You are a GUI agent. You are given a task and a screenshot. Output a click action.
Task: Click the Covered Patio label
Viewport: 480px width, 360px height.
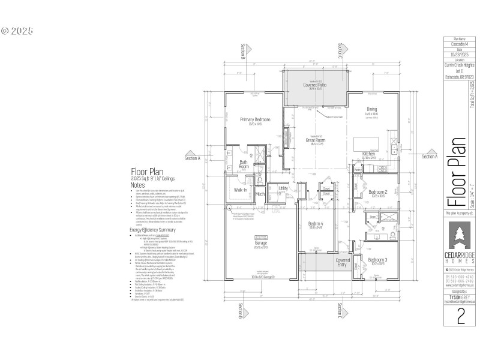pyautogui.click(x=314, y=86)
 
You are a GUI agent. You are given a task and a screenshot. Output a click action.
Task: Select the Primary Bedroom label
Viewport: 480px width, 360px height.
pyautogui.click(x=255, y=120)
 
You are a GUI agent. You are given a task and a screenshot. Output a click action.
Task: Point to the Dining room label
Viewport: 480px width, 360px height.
pyautogui.click(x=371, y=109)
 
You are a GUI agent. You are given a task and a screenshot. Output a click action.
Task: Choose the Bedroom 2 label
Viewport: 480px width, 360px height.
pyautogui.click(x=378, y=192)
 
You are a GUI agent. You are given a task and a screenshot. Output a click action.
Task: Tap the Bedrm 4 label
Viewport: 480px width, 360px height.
pyautogui.click(x=316, y=224)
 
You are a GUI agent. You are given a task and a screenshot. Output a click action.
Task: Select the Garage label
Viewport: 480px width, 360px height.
pyautogui.click(x=260, y=242)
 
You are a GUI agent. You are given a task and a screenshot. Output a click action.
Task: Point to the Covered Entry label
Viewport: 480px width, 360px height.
pyautogui.click(x=343, y=263)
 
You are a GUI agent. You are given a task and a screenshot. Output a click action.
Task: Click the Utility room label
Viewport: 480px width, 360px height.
pyautogui.click(x=283, y=188)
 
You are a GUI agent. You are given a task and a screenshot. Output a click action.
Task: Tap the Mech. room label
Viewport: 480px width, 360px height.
pyautogui.click(x=260, y=194)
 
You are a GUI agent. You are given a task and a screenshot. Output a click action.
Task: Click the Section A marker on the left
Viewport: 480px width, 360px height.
pyautogui.click(x=192, y=158)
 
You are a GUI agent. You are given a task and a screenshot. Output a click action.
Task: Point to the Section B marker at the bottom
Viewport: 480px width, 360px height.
pyautogui.click(x=242, y=311)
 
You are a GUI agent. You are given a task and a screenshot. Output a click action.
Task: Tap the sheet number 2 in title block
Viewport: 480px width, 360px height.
pyautogui.click(x=460, y=317)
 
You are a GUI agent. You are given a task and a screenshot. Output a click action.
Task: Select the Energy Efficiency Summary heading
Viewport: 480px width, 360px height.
pyautogui.click(x=152, y=230)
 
